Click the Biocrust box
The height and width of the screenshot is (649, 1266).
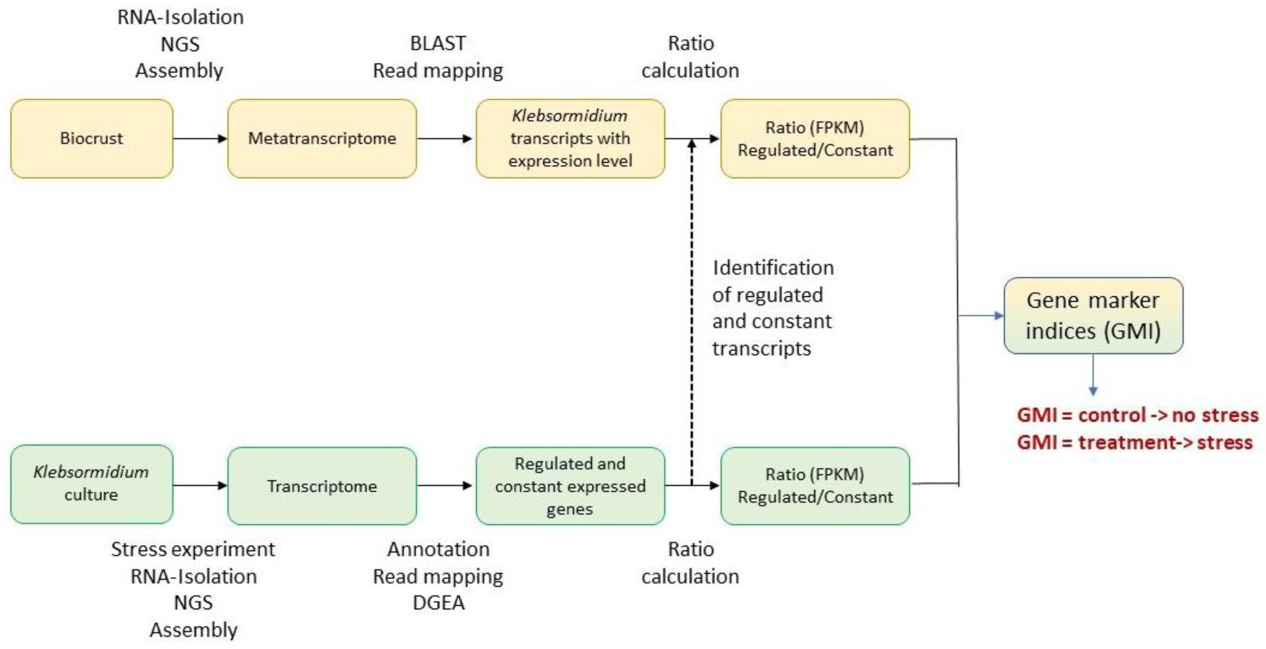point(92,138)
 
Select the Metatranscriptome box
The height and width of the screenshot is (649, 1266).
point(322,138)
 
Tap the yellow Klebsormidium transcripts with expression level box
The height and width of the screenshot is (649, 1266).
point(570,138)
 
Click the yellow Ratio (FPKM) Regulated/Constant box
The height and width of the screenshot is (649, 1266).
point(815,138)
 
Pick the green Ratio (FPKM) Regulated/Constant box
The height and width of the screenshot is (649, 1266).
point(815,485)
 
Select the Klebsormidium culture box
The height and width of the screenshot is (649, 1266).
point(92,484)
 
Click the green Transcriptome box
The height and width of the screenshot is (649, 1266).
point(322,486)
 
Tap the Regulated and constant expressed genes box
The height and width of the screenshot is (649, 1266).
point(570,486)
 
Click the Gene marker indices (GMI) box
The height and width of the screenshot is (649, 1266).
point(1093,315)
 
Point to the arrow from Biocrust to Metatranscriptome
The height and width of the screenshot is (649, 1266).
point(199,139)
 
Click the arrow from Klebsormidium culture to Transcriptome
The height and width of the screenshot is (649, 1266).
point(199,485)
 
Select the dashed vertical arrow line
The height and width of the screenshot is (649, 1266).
point(692,315)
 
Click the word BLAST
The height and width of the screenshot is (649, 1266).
point(438,43)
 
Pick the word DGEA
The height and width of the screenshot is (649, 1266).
point(438,603)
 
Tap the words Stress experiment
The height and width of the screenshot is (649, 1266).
point(193,549)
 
